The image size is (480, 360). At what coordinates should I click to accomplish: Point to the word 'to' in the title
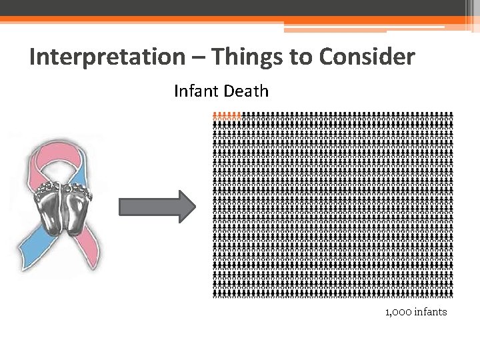tap(301, 57)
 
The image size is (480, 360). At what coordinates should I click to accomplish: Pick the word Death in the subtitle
tap(246, 91)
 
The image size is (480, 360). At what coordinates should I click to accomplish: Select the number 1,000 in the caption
tap(398, 312)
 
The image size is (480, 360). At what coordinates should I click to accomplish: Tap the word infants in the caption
tap(430, 312)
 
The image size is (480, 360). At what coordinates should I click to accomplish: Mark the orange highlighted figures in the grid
tap(226, 115)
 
